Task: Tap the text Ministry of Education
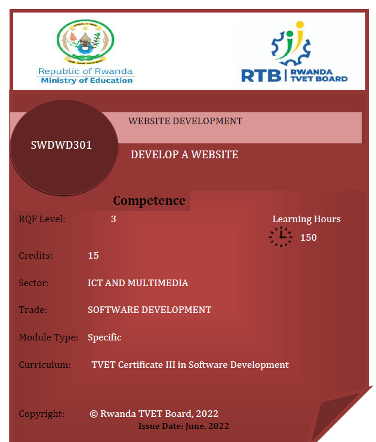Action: (87, 81)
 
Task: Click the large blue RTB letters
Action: (261, 75)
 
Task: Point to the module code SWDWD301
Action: (61, 145)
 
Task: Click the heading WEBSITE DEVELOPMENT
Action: (185, 121)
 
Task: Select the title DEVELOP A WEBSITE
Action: (184, 155)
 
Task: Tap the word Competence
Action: (149, 201)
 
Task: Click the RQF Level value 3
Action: (113, 219)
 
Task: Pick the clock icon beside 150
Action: (281, 237)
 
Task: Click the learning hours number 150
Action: (308, 238)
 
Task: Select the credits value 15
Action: (93, 256)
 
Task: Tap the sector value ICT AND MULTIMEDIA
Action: (138, 283)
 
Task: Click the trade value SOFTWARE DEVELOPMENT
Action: (149, 310)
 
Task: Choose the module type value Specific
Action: (104, 337)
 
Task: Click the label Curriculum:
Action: (45, 364)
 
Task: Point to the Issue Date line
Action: (184, 426)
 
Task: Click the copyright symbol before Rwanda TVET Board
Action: (94, 413)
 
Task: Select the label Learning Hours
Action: (306, 219)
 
